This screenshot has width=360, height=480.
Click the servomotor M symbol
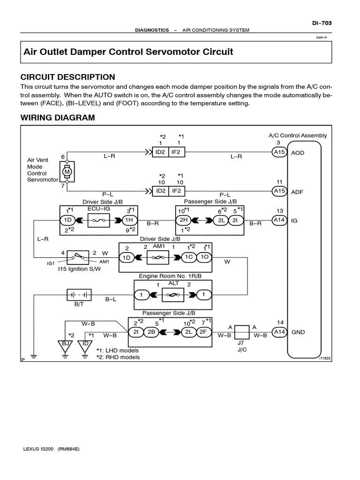point(67,172)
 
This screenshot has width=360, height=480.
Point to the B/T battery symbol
point(78,295)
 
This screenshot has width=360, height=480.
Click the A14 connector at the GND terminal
point(279,332)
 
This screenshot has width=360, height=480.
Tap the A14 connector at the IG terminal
point(279,220)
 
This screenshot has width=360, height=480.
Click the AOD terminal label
point(298,153)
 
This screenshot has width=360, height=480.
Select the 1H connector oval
point(129,220)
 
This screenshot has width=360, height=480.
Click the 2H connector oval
point(183,220)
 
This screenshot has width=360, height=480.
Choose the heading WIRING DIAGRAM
point(57,118)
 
